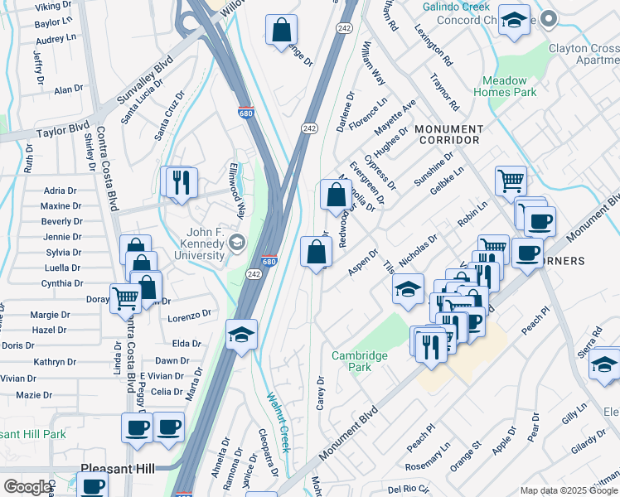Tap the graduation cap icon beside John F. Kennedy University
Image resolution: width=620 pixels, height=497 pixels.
tap(238, 242)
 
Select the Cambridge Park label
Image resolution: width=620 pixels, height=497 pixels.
tap(360, 361)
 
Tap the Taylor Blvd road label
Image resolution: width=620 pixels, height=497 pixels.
tap(62, 131)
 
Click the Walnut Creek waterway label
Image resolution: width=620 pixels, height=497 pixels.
tap(275, 423)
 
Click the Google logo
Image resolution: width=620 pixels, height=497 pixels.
tap(27, 487)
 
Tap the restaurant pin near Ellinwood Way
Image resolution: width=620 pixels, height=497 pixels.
tap(182, 183)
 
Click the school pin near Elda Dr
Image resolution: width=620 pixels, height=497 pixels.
tap(241, 335)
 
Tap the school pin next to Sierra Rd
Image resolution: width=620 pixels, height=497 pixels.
tap(605, 364)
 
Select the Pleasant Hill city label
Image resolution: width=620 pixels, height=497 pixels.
tap(118, 469)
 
